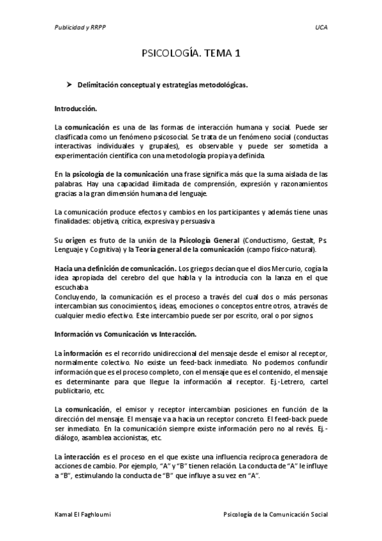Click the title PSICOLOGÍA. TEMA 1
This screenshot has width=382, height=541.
(191, 56)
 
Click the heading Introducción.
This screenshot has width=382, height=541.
(75, 109)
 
